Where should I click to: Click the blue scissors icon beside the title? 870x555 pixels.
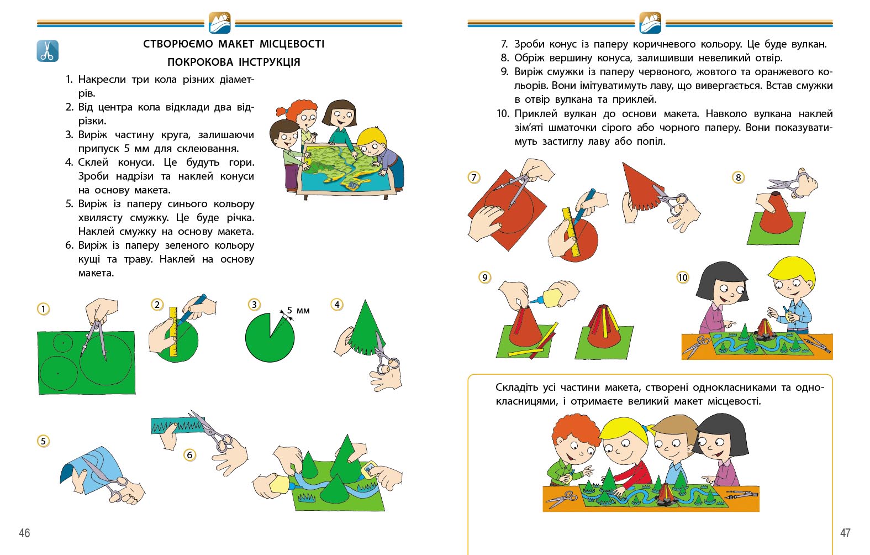pyautogui.click(x=48, y=51)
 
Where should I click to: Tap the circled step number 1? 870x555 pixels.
pyautogui.click(x=43, y=309)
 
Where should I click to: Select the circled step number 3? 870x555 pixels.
pyautogui.click(x=254, y=305)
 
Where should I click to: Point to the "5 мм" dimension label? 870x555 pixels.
pyautogui.click(x=298, y=310)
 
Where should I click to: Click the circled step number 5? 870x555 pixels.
pyautogui.click(x=43, y=441)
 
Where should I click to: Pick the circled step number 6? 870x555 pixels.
pyautogui.click(x=189, y=455)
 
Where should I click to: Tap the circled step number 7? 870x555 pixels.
pyautogui.click(x=473, y=177)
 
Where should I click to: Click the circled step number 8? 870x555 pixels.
pyautogui.click(x=738, y=177)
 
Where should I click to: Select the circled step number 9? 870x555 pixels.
pyautogui.click(x=484, y=277)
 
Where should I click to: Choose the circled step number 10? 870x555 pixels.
pyautogui.click(x=682, y=277)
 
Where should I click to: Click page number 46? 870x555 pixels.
pyautogui.click(x=24, y=533)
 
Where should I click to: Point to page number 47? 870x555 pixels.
pyautogui.click(x=845, y=532)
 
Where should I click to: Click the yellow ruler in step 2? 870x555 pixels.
pyautogui.click(x=173, y=332)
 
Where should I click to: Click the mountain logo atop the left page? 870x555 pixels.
pyautogui.click(x=219, y=23)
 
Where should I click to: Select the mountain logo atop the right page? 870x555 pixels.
pyautogui.click(x=650, y=23)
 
